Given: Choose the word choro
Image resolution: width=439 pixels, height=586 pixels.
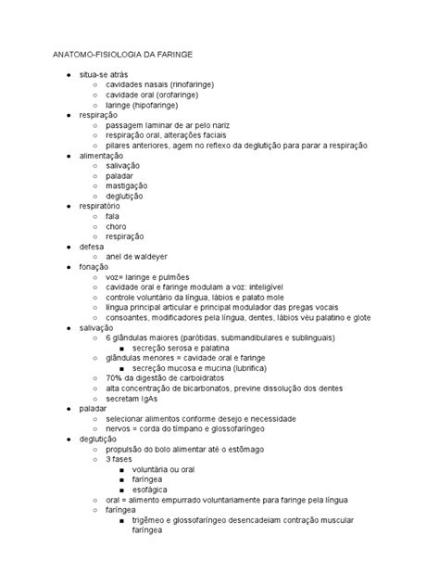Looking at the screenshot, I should tap(116, 226).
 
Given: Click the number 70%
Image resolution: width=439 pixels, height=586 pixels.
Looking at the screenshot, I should tap(115, 379).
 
